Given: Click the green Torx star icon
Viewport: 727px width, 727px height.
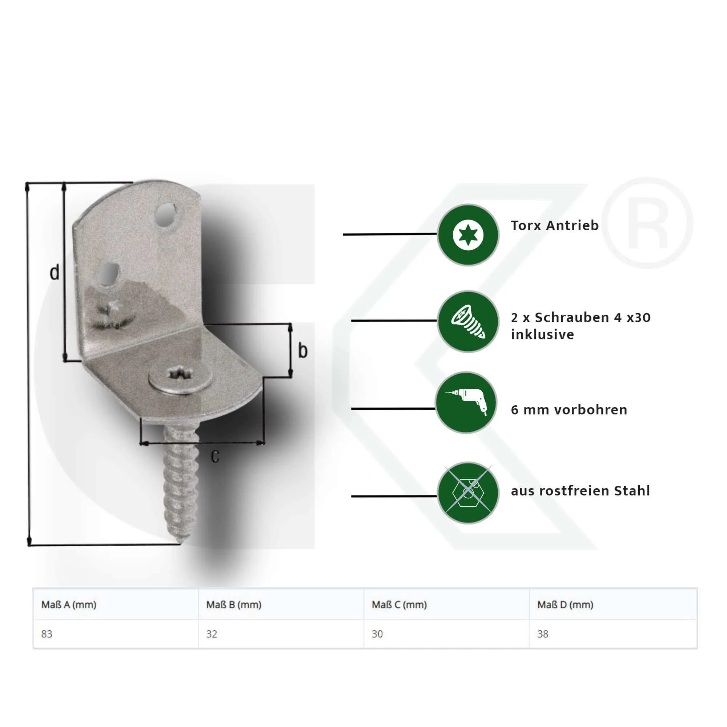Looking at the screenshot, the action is click(468, 235).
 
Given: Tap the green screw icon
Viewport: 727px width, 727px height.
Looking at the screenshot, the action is click(468, 322).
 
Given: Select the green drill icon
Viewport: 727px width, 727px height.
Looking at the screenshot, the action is click(466, 403).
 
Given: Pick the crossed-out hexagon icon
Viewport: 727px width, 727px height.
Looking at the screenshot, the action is click(468, 493).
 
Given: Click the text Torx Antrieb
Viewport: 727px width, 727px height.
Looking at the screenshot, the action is click(554, 225).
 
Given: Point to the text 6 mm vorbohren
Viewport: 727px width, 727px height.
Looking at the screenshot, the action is click(569, 410).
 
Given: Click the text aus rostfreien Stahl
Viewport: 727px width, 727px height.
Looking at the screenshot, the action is click(580, 491).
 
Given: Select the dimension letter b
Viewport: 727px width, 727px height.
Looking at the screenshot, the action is click(302, 350).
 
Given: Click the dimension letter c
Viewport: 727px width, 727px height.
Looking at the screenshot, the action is click(215, 457).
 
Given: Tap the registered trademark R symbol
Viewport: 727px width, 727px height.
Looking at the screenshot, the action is click(647, 223).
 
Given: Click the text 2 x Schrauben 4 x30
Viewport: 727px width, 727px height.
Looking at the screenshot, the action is click(581, 318).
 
